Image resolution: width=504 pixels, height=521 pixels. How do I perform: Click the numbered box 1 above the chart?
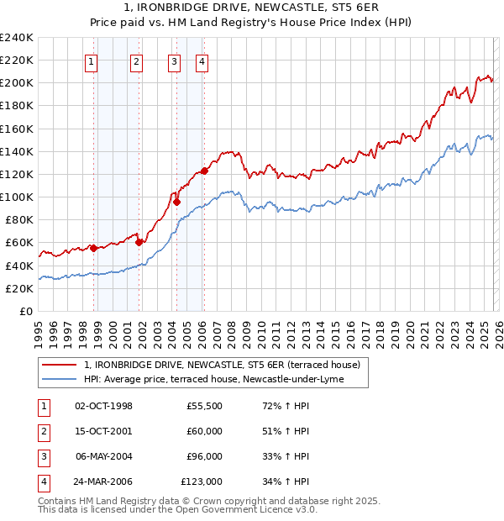91,61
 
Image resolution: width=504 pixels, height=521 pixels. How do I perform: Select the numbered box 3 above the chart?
174,61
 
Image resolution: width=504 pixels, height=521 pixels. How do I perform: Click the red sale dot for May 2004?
176,202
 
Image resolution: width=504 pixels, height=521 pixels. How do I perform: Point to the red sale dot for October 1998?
93,248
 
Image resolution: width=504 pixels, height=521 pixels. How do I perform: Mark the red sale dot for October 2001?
139,243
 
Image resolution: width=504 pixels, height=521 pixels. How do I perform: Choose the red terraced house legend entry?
222,365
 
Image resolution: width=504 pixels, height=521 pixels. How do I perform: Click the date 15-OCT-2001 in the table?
104,431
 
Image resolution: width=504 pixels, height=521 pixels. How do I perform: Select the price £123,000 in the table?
202,482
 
